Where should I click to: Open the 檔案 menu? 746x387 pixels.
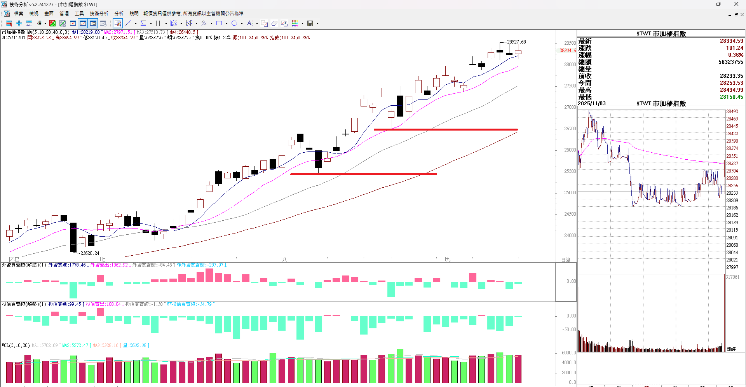19,14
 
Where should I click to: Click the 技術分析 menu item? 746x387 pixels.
99,14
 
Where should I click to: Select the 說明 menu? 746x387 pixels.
134,14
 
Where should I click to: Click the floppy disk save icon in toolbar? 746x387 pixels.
310,23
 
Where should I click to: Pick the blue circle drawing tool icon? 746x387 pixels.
234,23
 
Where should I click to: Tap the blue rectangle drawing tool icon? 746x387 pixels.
219,23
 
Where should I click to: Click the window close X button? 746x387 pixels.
736,4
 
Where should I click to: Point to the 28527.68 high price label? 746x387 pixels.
516,42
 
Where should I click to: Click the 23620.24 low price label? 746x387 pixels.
90,253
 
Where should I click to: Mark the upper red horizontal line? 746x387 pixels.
445,129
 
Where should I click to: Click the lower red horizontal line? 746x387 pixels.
363,174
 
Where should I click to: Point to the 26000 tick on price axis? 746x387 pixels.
570,150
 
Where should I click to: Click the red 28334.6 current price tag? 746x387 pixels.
567,51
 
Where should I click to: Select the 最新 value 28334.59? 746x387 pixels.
731,41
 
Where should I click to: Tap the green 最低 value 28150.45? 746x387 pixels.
731,97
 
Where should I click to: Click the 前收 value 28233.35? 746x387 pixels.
731,76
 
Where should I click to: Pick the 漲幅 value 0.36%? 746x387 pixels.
736,55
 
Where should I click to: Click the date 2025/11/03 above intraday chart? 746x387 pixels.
592,104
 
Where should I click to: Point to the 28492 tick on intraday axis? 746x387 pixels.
732,112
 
